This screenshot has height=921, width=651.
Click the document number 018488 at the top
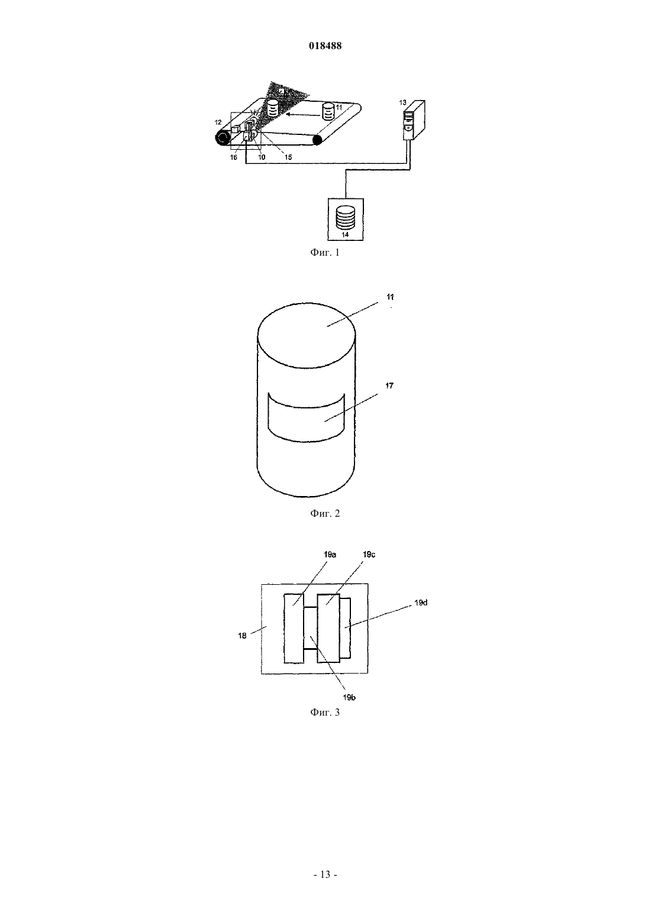[x=325, y=46]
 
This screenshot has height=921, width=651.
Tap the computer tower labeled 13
[x=414, y=120]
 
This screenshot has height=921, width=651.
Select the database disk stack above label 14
[x=345, y=218]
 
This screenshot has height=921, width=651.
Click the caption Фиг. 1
[x=325, y=253]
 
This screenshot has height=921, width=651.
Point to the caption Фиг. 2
[x=325, y=514]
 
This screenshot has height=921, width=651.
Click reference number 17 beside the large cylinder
[x=389, y=386]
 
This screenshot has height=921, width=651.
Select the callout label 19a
[x=330, y=555]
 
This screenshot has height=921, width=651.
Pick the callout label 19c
[x=369, y=555]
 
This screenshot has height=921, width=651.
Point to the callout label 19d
[x=421, y=603]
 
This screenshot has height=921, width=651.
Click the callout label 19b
[x=349, y=697]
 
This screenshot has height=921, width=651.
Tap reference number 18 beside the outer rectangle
[x=242, y=636]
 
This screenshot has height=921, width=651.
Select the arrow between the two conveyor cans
[x=303, y=115]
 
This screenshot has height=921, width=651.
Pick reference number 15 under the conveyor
[x=288, y=157]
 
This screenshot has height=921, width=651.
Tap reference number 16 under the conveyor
[x=233, y=157]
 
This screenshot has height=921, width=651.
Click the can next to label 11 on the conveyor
[x=327, y=111]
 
